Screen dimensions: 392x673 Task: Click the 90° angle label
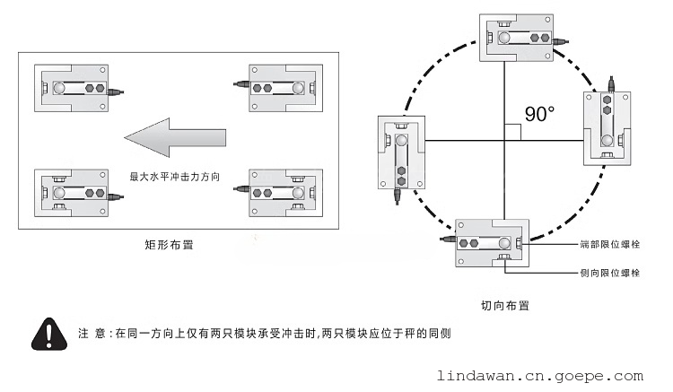[539, 113]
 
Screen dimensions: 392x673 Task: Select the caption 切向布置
[504, 305]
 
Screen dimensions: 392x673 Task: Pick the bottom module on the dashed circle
[492, 242]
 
